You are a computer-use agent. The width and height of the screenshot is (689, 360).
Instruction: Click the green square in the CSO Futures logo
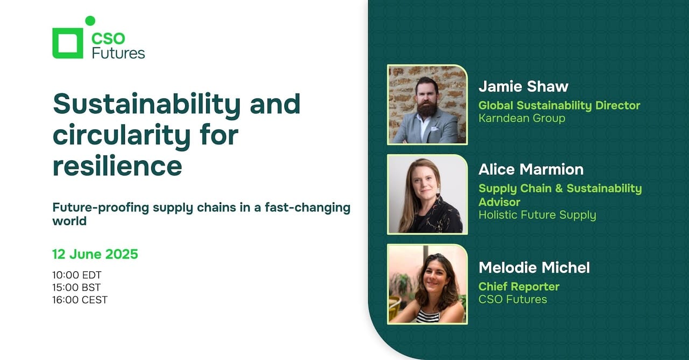[55, 43]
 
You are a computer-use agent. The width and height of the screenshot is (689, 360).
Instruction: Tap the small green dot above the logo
[90, 20]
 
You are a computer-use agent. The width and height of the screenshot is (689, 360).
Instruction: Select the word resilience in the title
[117, 166]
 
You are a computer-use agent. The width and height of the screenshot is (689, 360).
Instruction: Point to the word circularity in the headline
[122, 136]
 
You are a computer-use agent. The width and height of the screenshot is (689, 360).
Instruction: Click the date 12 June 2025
[95, 254]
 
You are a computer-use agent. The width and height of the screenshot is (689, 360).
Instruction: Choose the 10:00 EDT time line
[77, 275]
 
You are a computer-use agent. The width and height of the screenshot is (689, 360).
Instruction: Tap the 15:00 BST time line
[76, 287]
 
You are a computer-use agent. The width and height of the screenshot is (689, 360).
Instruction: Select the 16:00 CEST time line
[80, 300]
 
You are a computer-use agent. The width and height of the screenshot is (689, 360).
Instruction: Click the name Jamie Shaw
[524, 87]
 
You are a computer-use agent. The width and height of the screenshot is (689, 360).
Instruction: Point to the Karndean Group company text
[522, 118]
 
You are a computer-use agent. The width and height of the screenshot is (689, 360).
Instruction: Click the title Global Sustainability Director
[559, 105]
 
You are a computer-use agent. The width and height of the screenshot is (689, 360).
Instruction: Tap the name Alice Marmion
[531, 170]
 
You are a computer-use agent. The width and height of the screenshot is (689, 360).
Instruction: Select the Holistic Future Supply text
[537, 215]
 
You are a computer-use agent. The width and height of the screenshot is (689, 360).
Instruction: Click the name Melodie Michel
[535, 267]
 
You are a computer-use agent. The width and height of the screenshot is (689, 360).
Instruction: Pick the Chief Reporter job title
[519, 286]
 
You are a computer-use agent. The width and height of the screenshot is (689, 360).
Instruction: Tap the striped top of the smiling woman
[428, 316]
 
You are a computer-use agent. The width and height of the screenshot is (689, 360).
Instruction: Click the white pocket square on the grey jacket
[434, 129]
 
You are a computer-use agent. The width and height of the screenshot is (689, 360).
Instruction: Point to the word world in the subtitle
[69, 221]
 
